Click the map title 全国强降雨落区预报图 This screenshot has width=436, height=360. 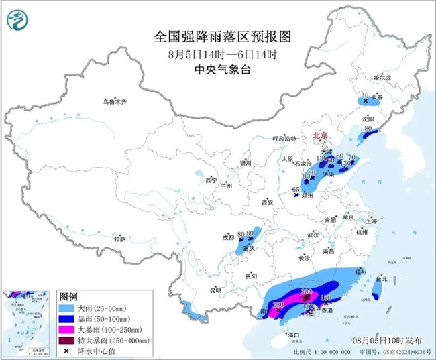217,36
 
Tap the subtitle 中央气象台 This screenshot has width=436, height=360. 218,69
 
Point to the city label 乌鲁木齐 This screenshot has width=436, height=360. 114,102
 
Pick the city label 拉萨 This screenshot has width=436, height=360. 119,239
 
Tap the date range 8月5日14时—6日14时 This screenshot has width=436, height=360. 218,53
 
